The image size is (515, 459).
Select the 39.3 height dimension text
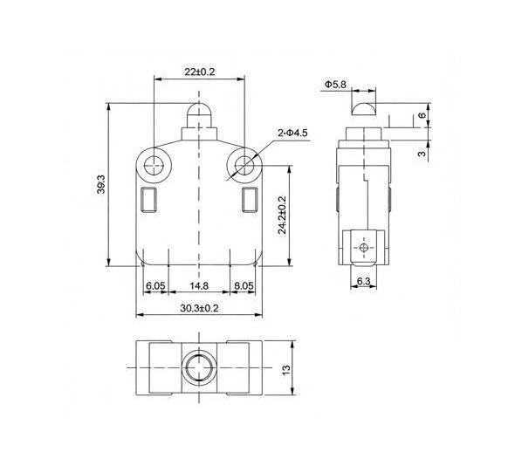(101, 185)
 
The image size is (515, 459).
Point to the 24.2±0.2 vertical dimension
(282, 215)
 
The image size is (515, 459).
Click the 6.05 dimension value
(156, 285)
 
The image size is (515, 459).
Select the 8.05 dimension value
(244, 285)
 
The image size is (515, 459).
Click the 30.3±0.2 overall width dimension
(199, 308)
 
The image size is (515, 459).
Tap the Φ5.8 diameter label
(336, 84)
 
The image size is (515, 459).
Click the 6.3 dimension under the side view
(363, 281)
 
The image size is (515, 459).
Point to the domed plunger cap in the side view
(363, 109)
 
